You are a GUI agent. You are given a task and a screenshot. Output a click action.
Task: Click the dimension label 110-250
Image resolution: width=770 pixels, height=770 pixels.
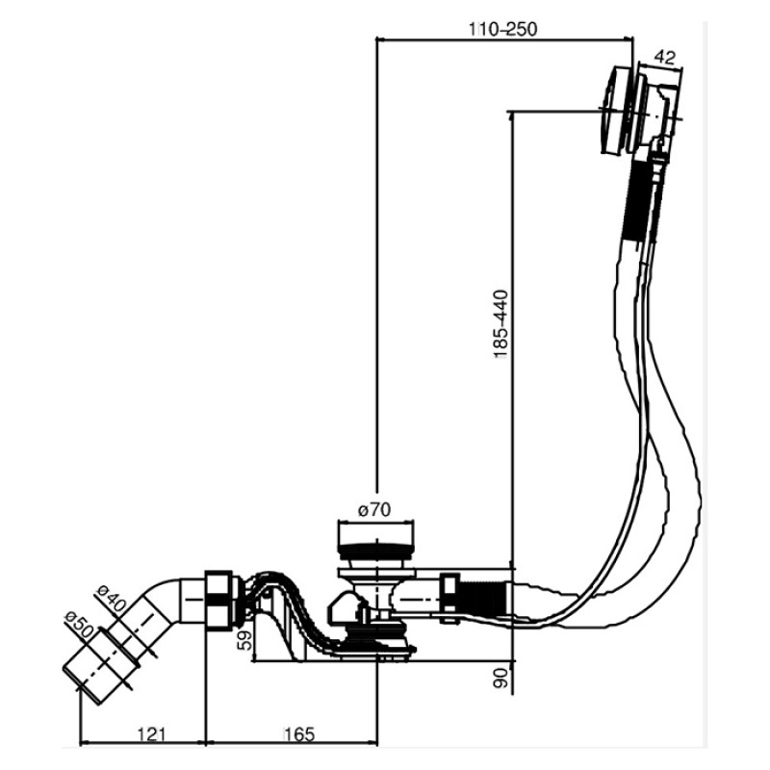pos(502,29)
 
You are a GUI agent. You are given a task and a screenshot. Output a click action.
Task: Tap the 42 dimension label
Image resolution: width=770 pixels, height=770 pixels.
pos(665,58)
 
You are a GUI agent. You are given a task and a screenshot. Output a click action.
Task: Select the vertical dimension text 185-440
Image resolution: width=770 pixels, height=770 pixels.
pos(500,325)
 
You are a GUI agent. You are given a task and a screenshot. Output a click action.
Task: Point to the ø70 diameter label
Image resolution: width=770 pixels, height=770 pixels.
pos(374,510)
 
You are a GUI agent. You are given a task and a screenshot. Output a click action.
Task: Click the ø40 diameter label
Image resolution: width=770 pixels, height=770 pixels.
pos(111,598)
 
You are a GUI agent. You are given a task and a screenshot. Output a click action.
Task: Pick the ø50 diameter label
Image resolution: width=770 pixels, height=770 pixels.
pos(79,624)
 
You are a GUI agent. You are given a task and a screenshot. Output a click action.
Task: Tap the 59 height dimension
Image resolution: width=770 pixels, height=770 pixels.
pos(244,640)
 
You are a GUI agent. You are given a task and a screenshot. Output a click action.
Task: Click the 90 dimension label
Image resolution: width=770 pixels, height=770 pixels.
pos(500,678)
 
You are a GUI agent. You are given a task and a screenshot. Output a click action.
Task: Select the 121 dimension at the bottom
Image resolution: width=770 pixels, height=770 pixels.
pos(151,734)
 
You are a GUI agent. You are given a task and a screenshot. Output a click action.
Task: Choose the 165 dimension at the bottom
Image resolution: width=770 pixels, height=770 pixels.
pos(299,734)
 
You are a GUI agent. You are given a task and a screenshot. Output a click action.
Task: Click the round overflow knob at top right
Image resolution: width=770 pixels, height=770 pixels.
pos(616,111)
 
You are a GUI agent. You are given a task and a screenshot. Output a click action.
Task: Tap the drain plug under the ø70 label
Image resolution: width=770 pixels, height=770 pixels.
pos(376,545)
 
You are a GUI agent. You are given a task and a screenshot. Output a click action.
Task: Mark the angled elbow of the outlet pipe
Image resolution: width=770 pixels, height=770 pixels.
pos(156,605)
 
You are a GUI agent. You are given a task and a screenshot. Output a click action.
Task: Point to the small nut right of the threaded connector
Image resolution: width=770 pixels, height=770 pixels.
pos(449,599)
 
